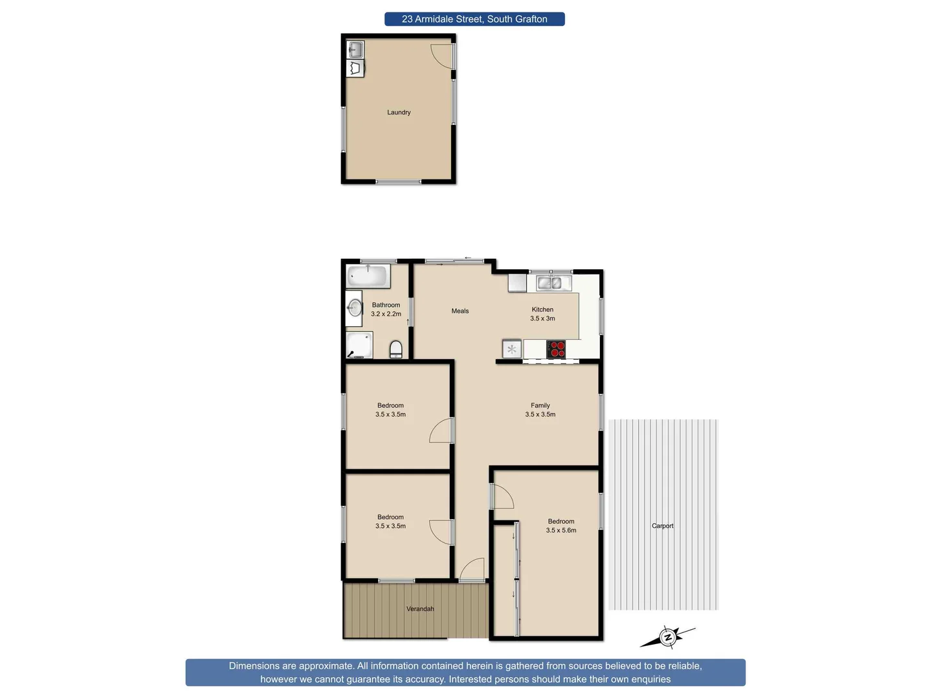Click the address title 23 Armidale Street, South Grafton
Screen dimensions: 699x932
474,19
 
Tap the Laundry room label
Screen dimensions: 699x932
399,113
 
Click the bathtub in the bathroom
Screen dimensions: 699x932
367,276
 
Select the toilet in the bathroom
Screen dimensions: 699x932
396,350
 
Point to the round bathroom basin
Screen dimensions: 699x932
354,307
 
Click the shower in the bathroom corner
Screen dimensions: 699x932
359,345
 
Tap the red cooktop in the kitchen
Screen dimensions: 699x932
556,349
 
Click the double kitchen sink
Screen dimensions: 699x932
553,283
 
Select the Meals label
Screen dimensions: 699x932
460,311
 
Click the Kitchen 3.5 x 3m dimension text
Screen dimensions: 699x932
542,318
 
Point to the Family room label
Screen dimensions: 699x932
540,406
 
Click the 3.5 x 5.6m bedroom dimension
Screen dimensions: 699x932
561,531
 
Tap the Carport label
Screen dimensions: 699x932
663,526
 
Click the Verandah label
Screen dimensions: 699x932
420,609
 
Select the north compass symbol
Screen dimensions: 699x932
668,638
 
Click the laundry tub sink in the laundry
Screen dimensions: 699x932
355,49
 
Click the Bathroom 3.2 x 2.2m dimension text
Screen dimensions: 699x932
386,314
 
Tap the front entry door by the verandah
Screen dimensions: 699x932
472,570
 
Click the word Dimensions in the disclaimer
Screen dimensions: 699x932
254,666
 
